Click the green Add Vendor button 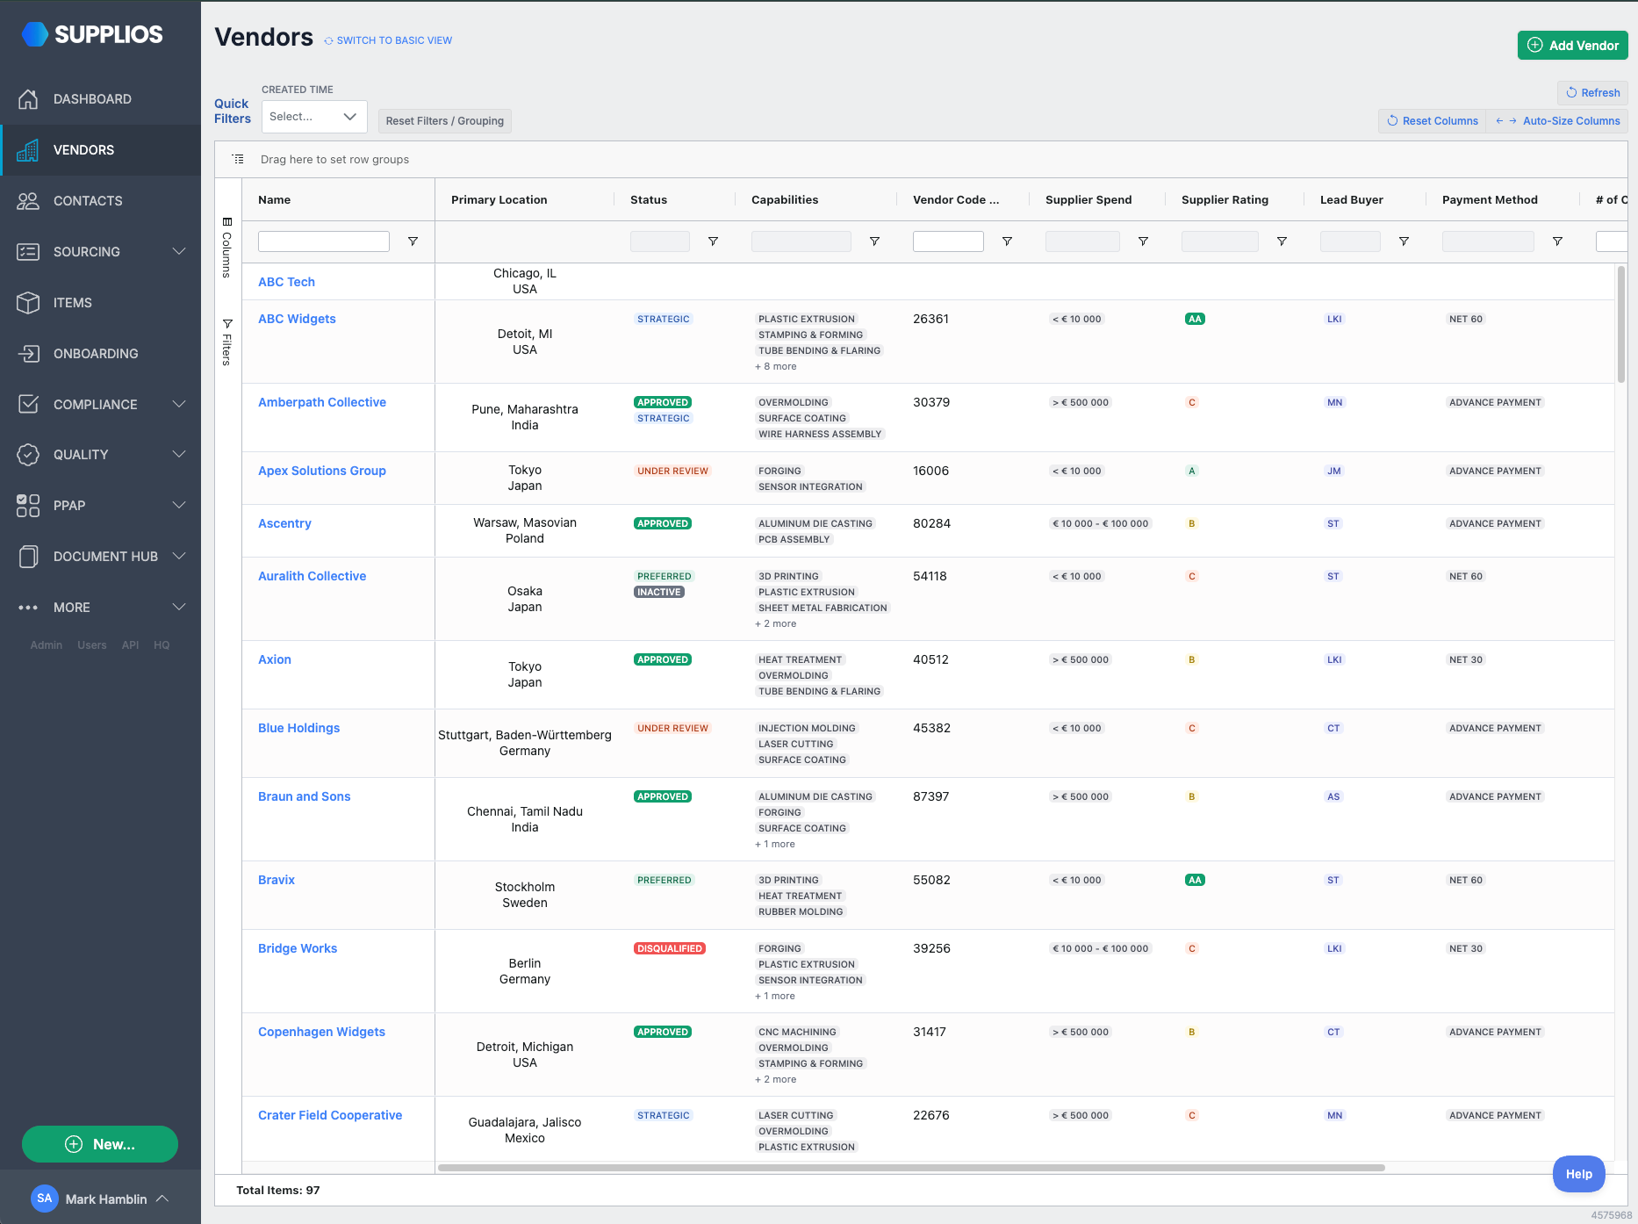[1572, 46]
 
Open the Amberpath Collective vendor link [322, 402]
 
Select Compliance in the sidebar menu [95, 405]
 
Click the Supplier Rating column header [1225, 200]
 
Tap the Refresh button [1593, 93]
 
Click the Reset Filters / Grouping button [445, 121]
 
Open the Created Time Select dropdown [314, 117]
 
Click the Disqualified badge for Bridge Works [670, 948]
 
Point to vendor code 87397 [931, 796]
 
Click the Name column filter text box [324, 241]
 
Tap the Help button [1578, 1174]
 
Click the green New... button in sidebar [100, 1144]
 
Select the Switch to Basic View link [394, 40]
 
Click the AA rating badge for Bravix [1195, 880]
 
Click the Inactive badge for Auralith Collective [659, 592]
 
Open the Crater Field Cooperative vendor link [330, 1115]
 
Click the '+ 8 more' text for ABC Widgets [776, 367]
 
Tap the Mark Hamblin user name [106, 1199]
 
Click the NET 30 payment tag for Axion [1466, 659]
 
